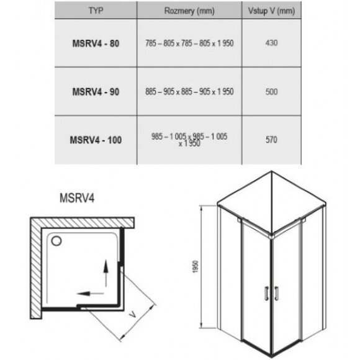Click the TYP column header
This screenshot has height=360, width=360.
(x=95, y=10)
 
